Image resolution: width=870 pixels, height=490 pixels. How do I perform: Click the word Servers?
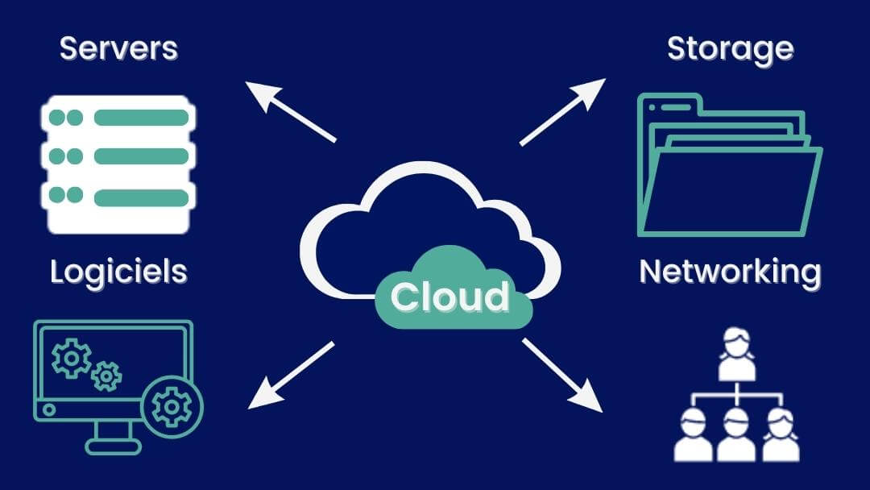(x=118, y=48)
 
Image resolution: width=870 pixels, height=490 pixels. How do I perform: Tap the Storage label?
(x=731, y=48)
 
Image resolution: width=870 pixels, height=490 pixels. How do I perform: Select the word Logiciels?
(x=118, y=272)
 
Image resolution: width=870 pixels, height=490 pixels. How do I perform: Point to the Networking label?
(x=730, y=272)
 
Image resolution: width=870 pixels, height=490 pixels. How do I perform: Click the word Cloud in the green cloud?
(x=450, y=297)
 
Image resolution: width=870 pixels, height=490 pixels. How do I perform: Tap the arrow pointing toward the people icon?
(x=562, y=375)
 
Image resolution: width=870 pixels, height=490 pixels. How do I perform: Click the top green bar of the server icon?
(x=141, y=118)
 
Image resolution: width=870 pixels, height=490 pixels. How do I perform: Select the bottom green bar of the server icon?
(x=141, y=196)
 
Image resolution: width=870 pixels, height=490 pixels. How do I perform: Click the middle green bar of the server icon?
(x=141, y=156)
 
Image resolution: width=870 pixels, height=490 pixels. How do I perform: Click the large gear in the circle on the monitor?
(x=172, y=406)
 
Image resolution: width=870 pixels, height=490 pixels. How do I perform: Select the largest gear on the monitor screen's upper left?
(x=70, y=359)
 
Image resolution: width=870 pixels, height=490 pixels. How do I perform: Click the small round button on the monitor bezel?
(x=48, y=410)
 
